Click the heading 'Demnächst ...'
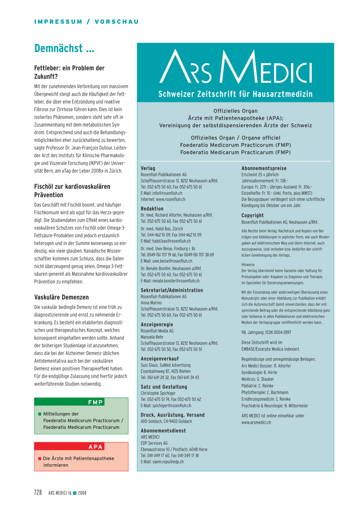coord(64,49)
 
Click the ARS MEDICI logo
coord(236,67)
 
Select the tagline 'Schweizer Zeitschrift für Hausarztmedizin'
coord(235,94)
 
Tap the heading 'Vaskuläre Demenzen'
coord(62,297)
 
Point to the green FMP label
coord(95,402)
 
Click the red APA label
coord(96,447)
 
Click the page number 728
coord(38,492)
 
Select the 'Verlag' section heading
coord(148,168)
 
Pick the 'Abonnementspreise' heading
coord(264,168)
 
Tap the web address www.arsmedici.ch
coord(256,422)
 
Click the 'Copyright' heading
coord(252,215)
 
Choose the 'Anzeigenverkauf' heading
coord(160,359)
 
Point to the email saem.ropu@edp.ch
coord(168,462)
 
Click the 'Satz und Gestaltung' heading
coord(164,387)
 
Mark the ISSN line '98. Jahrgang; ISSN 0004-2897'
coord(266,332)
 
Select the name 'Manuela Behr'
coord(152,337)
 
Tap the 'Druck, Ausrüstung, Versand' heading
coord(173,415)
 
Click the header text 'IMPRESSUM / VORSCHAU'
coord(86,22)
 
